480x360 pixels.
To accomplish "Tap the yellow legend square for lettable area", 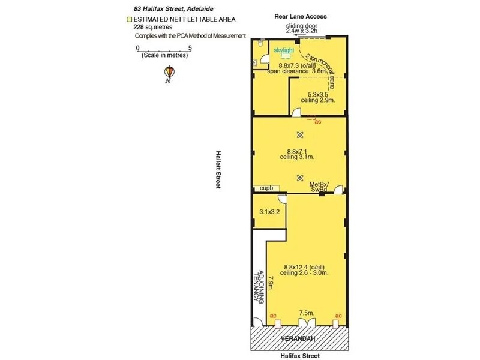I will click(128, 20).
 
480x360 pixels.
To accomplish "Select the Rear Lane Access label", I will click(299, 17).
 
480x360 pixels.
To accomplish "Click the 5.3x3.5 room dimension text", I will click(318, 95).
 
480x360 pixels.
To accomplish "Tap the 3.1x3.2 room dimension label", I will click(269, 212).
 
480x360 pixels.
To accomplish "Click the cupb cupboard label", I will click(266, 188).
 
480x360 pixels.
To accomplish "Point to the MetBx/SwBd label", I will click(318, 187).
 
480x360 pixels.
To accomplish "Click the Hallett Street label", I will click(218, 170).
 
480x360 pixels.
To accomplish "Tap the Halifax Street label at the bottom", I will click(299, 355).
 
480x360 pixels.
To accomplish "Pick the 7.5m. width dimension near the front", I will click(305, 313).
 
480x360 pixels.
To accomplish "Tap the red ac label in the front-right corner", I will click(338, 316).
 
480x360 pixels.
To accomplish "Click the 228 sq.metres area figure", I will click(152, 27).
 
